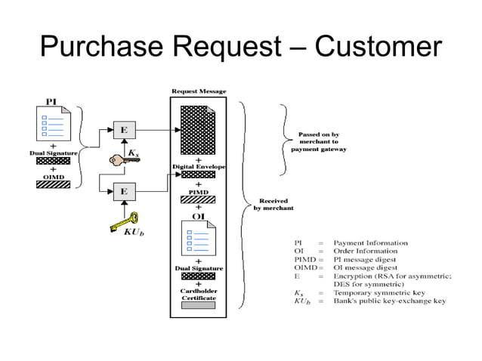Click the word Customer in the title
click(378, 46)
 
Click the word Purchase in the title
click(101, 46)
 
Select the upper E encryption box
click(125, 130)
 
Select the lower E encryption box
click(125, 192)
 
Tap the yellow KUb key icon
click(125, 222)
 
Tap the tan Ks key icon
click(123, 160)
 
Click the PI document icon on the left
click(54, 124)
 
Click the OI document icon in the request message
click(199, 238)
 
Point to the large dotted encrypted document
click(198, 130)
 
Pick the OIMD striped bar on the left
click(53, 184)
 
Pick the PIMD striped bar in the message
click(198, 199)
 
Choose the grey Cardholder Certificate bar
click(198, 305)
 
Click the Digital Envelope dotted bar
click(198, 174)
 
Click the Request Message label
click(199, 91)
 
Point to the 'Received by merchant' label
click(273, 205)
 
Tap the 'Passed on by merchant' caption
click(319, 142)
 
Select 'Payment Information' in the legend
click(371, 242)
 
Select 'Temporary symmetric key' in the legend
click(379, 292)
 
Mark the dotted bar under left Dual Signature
click(53, 161)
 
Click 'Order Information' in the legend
click(366, 251)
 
